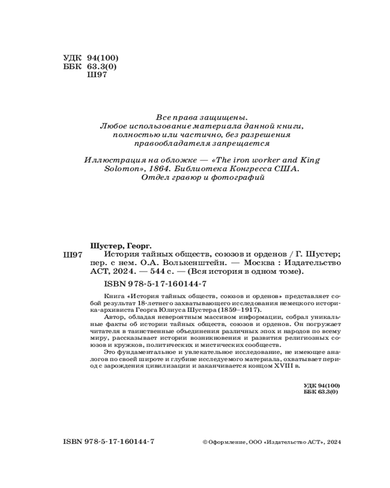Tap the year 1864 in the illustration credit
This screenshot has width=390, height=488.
[x=154, y=169]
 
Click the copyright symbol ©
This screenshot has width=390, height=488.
[x=204, y=442]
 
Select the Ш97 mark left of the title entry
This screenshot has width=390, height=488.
[x=73, y=255]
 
